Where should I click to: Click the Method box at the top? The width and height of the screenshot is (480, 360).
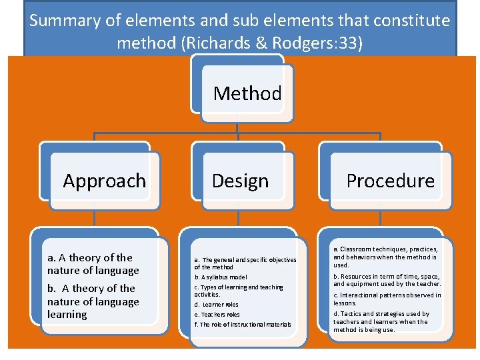[247, 93]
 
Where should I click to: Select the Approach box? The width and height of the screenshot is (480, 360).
[104, 181]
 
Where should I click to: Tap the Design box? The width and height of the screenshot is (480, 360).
[240, 181]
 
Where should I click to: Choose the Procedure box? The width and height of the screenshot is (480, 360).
[390, 181]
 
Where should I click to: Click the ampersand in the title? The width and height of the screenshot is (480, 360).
[254, 44]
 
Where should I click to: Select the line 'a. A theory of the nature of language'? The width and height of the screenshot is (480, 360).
[93, 264]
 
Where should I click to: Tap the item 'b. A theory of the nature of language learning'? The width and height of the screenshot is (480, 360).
[93, 301]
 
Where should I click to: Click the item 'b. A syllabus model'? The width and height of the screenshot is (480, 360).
[221, 277]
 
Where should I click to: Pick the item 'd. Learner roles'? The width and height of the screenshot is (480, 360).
[216, 305]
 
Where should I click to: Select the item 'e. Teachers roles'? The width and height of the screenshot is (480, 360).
[217, 315]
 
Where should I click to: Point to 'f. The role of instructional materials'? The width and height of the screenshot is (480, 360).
[243, 325]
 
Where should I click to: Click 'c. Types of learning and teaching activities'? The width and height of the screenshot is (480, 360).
[238, 291]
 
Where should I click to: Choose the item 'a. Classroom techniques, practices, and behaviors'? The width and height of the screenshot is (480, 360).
[385, 257]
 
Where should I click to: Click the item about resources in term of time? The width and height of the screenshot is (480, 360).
[387, 280]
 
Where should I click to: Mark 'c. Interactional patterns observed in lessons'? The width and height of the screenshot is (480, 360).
[387, 299]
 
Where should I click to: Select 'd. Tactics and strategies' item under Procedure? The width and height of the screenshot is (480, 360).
[381, 321]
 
